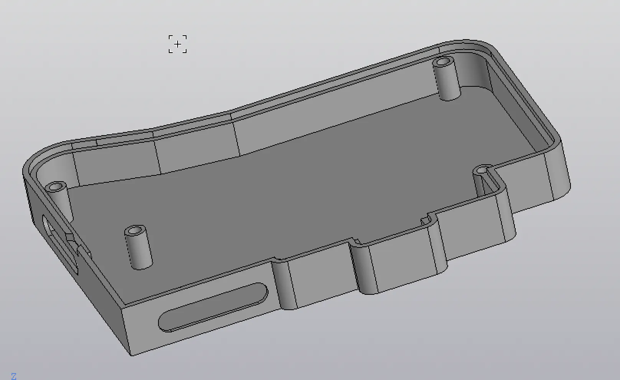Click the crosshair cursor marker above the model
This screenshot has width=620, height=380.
click(177, 44)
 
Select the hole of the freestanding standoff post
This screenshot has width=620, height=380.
click(135, 230)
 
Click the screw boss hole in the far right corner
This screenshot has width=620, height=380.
click(443, 61)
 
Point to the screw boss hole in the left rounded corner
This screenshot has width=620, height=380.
click(56, 186)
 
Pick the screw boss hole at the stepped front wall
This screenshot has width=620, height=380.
click(482, 170)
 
